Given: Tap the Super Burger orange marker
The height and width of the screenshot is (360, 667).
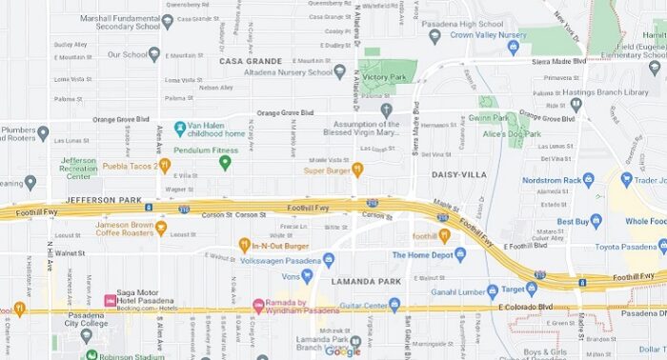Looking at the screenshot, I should click(357, 170).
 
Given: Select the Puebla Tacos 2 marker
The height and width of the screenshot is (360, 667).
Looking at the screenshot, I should click(165, 166).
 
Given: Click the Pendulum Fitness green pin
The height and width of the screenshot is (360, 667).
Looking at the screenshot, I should click(226, 162).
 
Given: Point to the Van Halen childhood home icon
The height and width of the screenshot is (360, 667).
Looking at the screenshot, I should click(180, 127).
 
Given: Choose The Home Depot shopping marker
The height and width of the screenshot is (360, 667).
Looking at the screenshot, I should click(460, 254).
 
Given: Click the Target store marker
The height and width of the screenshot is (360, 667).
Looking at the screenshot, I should click(493, 290).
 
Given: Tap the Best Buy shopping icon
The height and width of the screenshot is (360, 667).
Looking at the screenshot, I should click(596, 221).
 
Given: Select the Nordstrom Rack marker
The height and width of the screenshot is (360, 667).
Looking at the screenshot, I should click(588, 179).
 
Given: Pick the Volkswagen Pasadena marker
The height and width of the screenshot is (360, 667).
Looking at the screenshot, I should click(329, 260).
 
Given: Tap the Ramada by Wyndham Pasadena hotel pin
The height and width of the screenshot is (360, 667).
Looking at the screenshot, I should click(257, 306).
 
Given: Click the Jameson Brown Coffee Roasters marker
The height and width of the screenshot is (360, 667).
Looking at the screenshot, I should click(161, 229).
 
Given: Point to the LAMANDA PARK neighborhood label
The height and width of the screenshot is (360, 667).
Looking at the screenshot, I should click(362, 283).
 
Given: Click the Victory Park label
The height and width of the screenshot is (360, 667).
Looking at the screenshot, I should click(383, 76).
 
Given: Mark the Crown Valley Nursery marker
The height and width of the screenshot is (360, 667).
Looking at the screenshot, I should click(435, 36).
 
